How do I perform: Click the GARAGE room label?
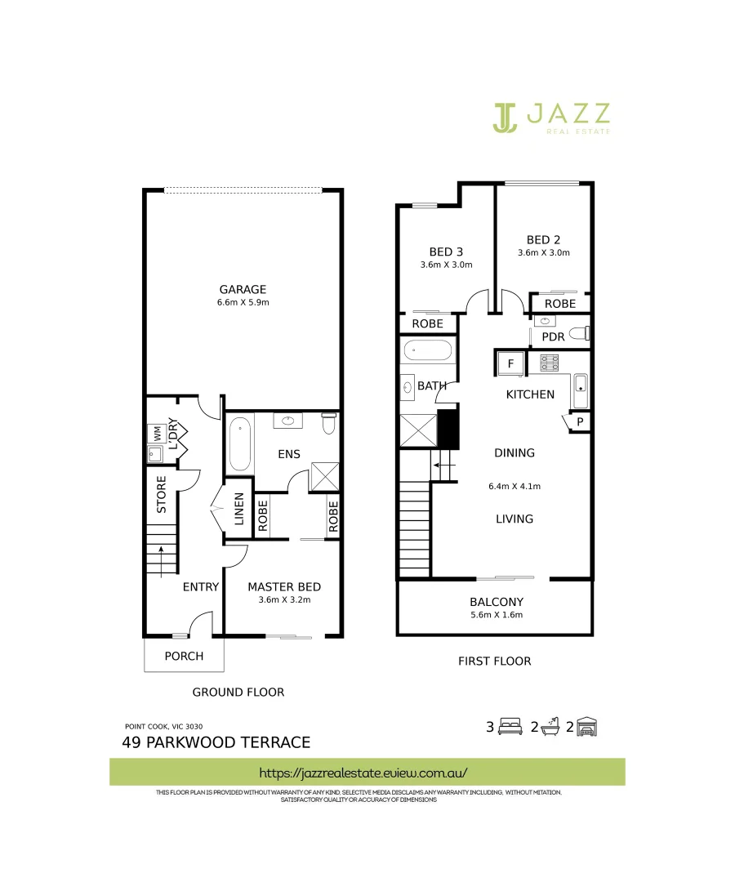click(243, 289)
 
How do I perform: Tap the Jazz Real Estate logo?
click(551, 118)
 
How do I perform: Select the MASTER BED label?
click(284, 586)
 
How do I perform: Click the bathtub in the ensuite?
click(240, 444)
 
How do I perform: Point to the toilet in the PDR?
click(579, 334)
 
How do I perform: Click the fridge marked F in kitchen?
click(510, 363)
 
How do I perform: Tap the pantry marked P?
click(580, 421)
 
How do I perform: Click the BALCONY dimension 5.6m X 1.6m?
click(496, 615)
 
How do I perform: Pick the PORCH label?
click(184, 656)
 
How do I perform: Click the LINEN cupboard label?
click(239, 509)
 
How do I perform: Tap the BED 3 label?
click(446, 252)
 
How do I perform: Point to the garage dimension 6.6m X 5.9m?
click(243, 302)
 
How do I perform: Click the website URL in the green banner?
click(363, 772)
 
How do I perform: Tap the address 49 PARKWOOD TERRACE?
click(216, 742)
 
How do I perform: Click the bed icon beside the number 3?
click(510, 726)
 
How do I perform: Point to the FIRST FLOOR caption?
click(495, 661)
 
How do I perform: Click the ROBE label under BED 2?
click(559, 303)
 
